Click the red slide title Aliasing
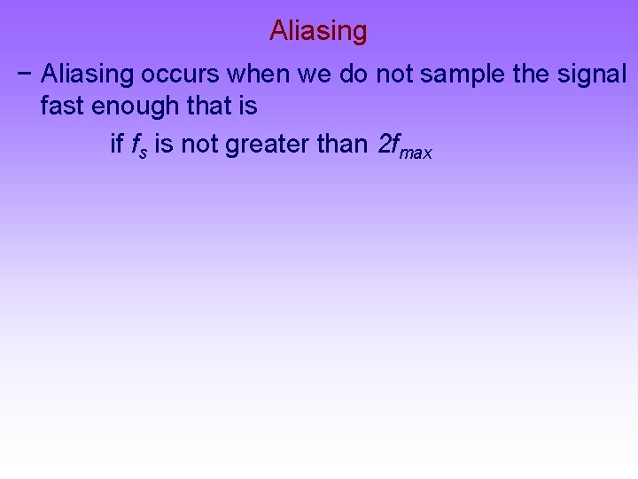(318, 31)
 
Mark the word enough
(133, 107)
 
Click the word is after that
(247, 107)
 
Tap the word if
(116, 144)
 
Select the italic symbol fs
(139, 145)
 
